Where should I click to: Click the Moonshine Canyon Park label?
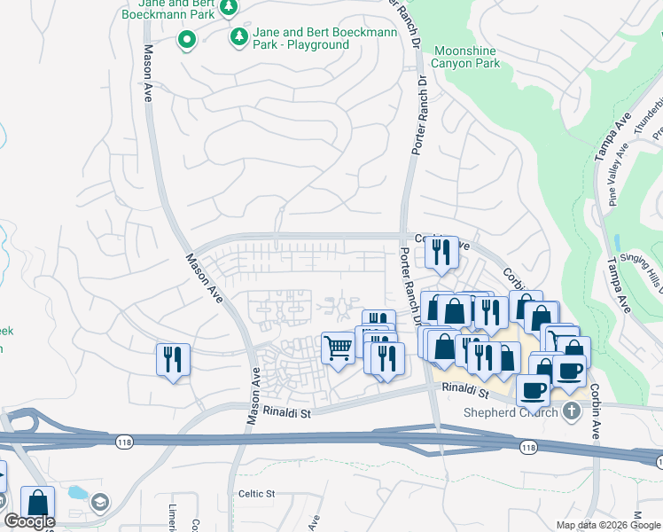coord(465,58)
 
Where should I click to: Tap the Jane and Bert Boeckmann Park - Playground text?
coord(300,38)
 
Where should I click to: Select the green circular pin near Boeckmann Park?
coord(187,39)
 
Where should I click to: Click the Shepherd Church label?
coord(511,412)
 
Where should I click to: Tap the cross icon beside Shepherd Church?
coord(572,411)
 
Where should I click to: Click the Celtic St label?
coord(257,493)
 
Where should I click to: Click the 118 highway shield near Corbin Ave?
coord(529,448)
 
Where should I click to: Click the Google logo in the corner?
coord(29,521)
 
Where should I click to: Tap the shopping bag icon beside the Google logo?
coord(38,502)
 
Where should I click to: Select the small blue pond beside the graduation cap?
coord(77,492)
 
